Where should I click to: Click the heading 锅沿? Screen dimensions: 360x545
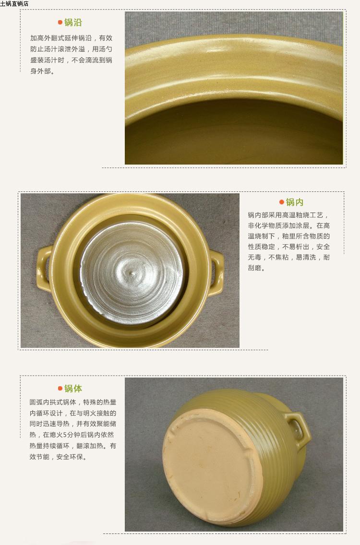point(73,23)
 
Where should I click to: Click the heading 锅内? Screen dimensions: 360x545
point(295,202)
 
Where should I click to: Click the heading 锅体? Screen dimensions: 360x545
point(73,388)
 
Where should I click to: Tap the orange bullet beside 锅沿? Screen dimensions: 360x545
point(60,23)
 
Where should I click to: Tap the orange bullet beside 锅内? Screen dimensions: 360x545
point(281,202)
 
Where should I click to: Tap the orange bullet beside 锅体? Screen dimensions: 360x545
point(60,388)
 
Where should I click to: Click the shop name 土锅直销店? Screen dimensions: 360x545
point(14,3)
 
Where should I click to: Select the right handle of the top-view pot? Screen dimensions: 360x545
point(216,273)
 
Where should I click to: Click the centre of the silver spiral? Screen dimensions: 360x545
point(132,272)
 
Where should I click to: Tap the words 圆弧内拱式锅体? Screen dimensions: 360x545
point(53,402)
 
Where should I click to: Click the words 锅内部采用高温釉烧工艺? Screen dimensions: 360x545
point(286,215)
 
